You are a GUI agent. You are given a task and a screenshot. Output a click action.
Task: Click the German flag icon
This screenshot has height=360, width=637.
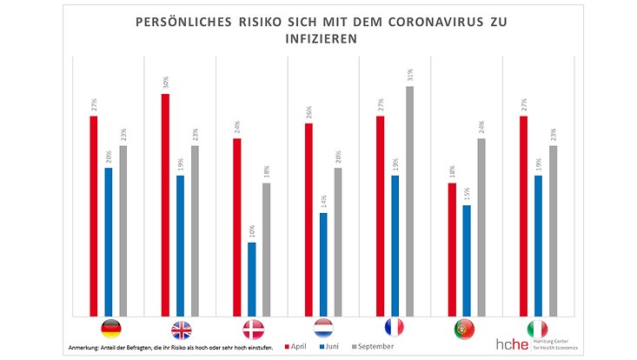click(x=110, y=330)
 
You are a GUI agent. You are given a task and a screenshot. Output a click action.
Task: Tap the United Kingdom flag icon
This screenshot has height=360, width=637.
click(x=182, y=330)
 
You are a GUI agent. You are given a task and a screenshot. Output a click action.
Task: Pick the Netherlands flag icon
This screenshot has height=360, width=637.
click(x=324, y=330)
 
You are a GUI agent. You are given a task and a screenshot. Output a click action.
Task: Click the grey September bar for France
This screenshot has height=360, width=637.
click(x=410, y=201)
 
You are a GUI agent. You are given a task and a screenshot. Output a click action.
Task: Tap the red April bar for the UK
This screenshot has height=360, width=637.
click(x=165, y=204)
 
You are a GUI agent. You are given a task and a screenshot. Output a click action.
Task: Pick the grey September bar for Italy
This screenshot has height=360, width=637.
click(x=554, y=230)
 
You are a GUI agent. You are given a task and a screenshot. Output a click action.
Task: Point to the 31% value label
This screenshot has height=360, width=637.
click(x=410, y=75)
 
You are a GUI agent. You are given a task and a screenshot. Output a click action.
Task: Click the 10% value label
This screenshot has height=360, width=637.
click(x=252, y=232)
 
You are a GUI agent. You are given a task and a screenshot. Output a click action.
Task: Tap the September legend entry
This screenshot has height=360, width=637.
click(x=372, y=346)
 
